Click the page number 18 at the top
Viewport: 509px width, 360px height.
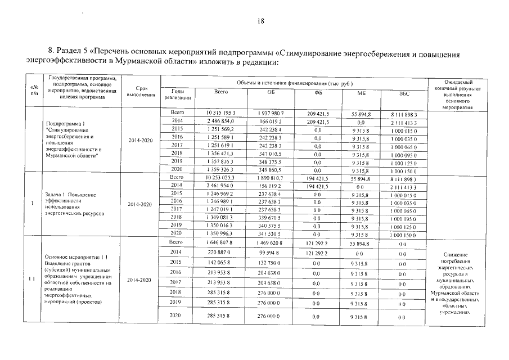pyautogui.click(x=260, y=21)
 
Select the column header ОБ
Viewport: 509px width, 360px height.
pyautogui.click(x=271, y=92)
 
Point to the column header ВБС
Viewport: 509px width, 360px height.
pyautogui.click(x=404, y=92)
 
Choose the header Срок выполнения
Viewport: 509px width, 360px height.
pyautogui.click(x=139, y=92)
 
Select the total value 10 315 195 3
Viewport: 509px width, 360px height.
pyautogui.click(x=221, y=113)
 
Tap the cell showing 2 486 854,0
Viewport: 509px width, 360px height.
pyautogui.click(x=221, y=121)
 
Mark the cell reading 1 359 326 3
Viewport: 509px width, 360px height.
pyautogui.click(x=221, y=169)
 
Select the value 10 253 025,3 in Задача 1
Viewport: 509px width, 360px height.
pyautogui.click(x=221, y=177)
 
